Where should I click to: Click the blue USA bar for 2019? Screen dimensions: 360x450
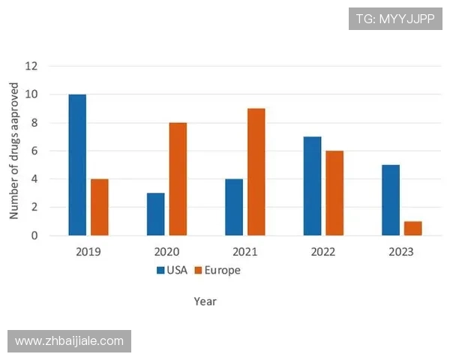click(77, 165)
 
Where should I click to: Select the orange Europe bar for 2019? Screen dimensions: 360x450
click(100, 207)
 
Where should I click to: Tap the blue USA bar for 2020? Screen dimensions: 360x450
click(155, 214)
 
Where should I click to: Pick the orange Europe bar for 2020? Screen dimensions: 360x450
click(178, 179)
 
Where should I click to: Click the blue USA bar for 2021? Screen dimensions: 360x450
click(234, 207)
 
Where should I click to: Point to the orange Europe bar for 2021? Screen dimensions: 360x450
click(256, 172)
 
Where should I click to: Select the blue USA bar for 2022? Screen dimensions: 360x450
click(312, 186)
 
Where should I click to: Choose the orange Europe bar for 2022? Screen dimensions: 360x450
click(334, 193)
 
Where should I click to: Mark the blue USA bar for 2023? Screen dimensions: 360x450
click(390, 200)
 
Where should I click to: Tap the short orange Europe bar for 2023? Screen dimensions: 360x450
click(412, 228)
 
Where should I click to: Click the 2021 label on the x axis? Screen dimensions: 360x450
click(244, 251)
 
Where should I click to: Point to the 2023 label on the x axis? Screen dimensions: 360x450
click(401, 251)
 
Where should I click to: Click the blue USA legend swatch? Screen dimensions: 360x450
click(160, 270)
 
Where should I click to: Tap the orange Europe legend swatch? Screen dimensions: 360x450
click(199, 270)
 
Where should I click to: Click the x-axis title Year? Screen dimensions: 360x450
click(205, 301)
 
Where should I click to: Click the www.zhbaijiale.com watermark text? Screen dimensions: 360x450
click(69, 341)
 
